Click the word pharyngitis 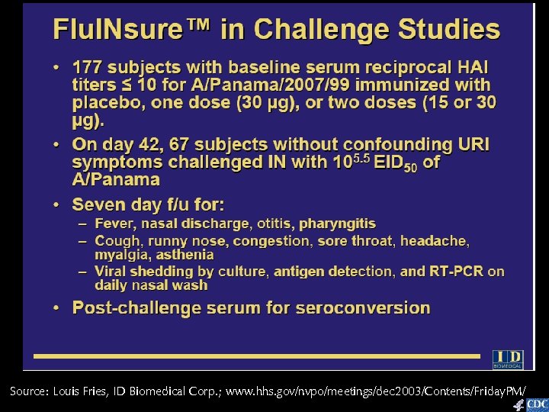click(x=337, y=224)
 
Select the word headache click(x=434, y=240)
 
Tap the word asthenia click(x=186, y=255)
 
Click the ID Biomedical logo click(x=508, y=359)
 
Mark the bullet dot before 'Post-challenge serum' click(x=57, y=308)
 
